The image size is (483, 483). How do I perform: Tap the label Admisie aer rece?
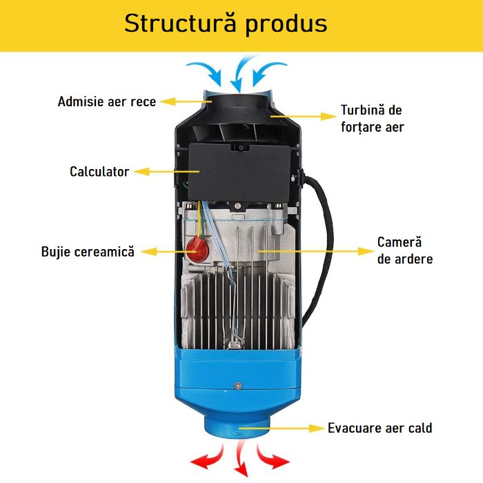point(107,101)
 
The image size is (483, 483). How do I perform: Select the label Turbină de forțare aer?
point(372,119)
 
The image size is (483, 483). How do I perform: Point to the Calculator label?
point(99,171)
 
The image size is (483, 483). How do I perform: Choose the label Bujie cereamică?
point(88,252)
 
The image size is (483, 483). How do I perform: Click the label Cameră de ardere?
point(405,250)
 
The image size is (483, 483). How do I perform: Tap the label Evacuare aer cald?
point(380,428)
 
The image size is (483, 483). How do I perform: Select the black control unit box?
point(238,170)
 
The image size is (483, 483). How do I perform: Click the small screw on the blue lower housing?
point(237,385)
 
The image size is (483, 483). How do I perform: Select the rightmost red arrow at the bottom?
point(274,457)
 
